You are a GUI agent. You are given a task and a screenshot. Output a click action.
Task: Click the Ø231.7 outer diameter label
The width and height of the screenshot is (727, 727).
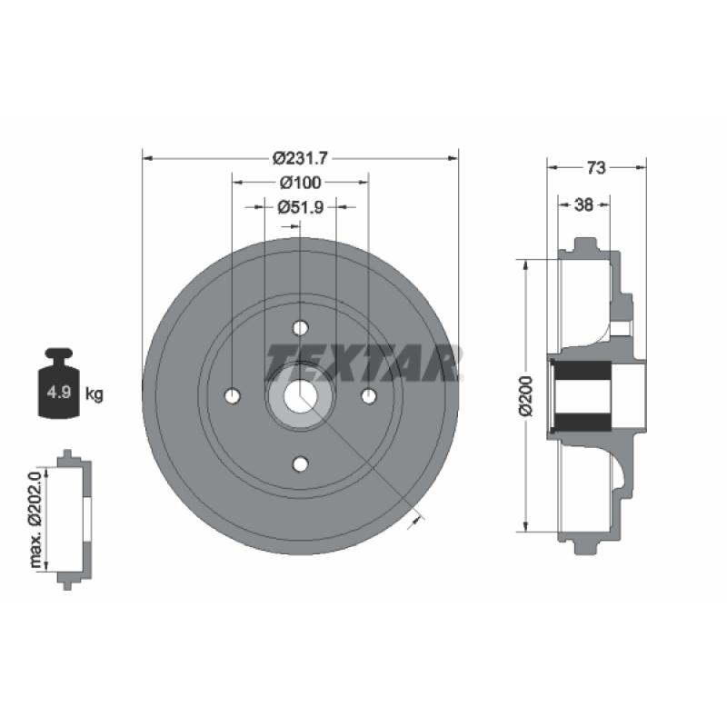click(x=300, y=158)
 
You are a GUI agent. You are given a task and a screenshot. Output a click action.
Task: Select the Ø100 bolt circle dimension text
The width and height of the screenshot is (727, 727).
click(x=300, y=183)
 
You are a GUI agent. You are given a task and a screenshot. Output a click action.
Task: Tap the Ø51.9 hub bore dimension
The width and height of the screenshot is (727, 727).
click(x=301, y=207)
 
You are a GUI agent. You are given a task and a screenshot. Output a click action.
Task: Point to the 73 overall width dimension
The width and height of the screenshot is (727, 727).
click(x=596, y=168)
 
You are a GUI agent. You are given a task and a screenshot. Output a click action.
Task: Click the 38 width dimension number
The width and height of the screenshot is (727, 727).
click(x=583, y=204)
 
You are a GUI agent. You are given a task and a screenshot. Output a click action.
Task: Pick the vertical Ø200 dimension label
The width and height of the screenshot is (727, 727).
click(x=526, y=396)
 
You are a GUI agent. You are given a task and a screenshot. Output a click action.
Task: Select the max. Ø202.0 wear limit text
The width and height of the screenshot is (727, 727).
click(x=35, y=519)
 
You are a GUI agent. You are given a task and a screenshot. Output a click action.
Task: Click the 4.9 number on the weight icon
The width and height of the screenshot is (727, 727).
click(x=59, y=393)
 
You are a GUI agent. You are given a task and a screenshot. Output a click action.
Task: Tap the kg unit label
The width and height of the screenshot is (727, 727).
click(x=95, y=394)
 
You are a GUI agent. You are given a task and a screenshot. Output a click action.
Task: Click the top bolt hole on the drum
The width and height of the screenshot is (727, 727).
click(x=301, y=328)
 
